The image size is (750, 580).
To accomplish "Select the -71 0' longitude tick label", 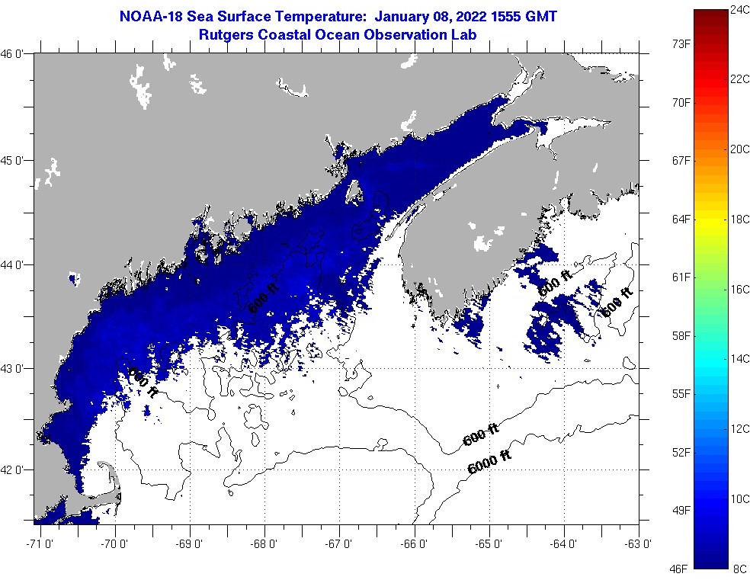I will pos(38,543).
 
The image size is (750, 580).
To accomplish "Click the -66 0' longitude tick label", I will pos(415,543).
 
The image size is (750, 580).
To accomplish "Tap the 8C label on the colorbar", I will pos(738,568).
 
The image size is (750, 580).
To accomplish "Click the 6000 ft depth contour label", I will pos(489,463).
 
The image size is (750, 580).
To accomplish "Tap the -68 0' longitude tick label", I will pos(265,543).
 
